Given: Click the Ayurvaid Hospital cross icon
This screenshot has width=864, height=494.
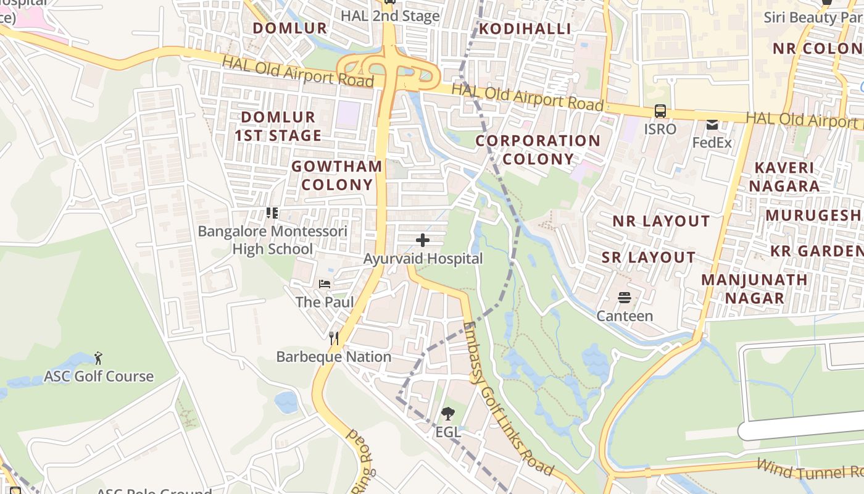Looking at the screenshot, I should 423,240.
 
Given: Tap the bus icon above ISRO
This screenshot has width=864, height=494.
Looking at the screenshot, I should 660,111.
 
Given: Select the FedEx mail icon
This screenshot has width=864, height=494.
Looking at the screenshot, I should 712,125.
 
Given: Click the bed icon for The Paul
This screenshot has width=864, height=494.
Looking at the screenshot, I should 325,284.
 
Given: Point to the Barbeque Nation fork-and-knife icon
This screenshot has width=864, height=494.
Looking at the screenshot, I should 334,338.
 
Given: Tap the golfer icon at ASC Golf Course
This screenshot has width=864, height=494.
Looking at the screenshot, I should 98,358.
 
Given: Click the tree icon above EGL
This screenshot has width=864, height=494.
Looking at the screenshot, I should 448,414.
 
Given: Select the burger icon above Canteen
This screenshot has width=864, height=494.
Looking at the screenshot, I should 624,298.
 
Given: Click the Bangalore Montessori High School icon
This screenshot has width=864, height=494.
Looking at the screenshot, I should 272,213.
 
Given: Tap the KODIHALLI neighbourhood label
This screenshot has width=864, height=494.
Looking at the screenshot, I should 525,28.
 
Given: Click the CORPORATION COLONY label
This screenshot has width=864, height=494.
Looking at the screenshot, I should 538,150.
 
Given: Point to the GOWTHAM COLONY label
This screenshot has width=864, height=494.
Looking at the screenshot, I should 337,175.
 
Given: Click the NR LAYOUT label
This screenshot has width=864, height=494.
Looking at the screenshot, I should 661,221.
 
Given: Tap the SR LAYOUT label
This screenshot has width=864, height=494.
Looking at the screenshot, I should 649,257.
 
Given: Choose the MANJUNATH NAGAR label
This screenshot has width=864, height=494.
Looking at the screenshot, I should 754,288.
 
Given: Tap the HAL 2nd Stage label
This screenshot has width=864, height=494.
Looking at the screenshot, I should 390,16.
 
